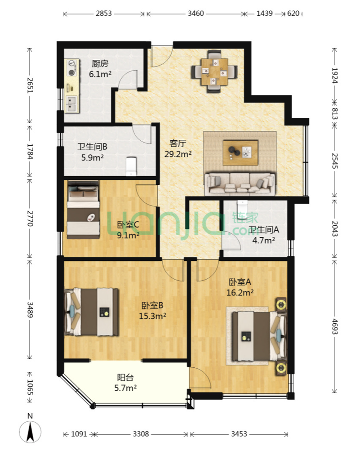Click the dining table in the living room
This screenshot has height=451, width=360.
[214, 71]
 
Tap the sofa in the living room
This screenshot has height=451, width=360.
[240, 184]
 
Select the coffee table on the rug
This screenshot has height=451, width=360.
[240, 152]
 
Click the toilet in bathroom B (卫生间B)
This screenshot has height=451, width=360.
[131, 166]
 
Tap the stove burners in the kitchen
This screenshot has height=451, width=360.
[72, 68]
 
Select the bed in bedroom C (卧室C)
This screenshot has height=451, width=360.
[84, 210]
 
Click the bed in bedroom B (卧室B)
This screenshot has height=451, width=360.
[91, 312]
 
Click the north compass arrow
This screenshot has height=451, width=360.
[30, 432]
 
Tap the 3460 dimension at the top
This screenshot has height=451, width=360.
[196, 13]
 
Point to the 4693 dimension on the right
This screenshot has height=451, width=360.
[334, 326]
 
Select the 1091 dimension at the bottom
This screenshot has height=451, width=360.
[79, 434]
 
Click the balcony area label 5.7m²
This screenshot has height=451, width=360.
[125, 388]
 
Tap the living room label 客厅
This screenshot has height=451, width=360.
[178, 143]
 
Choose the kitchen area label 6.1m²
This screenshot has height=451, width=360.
[100, 74]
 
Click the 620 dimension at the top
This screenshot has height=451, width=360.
[293, 13]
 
